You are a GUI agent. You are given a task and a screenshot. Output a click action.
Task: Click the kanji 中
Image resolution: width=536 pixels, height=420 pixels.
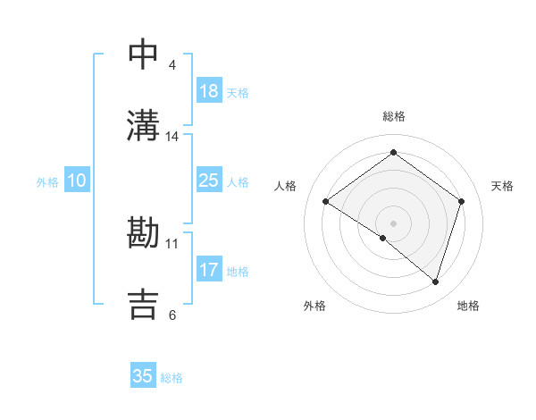coord(144,55)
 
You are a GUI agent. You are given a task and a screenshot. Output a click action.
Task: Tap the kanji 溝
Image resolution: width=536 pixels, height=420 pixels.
coord(144,126)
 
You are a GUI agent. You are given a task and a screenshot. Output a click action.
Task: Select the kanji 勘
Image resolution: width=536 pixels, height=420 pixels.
coord(144,233)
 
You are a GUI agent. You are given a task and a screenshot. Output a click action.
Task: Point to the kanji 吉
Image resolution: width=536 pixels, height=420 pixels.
coord(144,304)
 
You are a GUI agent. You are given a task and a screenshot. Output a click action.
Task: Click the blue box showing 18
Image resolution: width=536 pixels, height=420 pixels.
coord(209,91)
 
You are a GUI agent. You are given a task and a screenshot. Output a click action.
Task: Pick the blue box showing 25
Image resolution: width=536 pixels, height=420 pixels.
coord(209,181)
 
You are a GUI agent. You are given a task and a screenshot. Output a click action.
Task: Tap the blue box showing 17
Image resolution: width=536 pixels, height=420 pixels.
coord(209,270)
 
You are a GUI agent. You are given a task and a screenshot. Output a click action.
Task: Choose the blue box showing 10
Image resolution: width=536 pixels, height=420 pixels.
coord(76,181)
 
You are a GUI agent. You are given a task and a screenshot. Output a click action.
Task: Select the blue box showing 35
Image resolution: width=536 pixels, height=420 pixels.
coord(143,376)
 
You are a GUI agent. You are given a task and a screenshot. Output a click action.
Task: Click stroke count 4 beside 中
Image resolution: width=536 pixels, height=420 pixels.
coord(172,65)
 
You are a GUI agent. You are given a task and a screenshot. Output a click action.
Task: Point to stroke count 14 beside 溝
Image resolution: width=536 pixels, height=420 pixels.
coord(172,137)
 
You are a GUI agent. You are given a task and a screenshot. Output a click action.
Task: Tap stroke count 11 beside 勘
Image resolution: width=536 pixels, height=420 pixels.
coord(172,243)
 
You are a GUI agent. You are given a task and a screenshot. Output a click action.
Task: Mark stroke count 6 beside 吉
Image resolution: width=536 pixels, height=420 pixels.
coord(172,315)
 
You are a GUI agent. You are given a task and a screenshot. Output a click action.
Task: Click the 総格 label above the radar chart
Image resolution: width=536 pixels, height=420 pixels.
coord(393,116)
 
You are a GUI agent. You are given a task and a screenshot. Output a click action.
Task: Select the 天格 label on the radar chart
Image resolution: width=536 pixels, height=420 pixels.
coord(502,186)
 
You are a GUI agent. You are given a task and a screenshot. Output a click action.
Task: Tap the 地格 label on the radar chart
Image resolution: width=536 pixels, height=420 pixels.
coord(468,306)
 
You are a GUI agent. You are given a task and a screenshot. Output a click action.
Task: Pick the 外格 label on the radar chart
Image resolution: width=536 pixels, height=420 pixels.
coord(314,306)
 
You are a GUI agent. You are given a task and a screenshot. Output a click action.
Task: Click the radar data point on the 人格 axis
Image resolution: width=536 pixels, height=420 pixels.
coord(326,202)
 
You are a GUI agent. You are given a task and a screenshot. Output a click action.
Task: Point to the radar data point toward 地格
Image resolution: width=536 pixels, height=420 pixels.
coord(435,281)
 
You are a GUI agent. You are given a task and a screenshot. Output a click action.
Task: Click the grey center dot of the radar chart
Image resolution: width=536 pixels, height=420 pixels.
coord(393,223)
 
